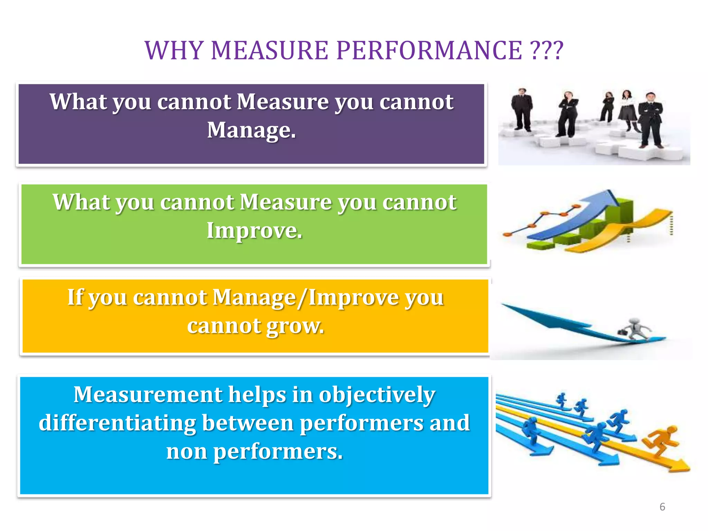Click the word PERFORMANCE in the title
(429, 50)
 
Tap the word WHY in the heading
(174, 50)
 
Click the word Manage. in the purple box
(251, 130)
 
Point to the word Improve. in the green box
(254, 231)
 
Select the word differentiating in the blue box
(117, 423)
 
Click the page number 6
(662, 507)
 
